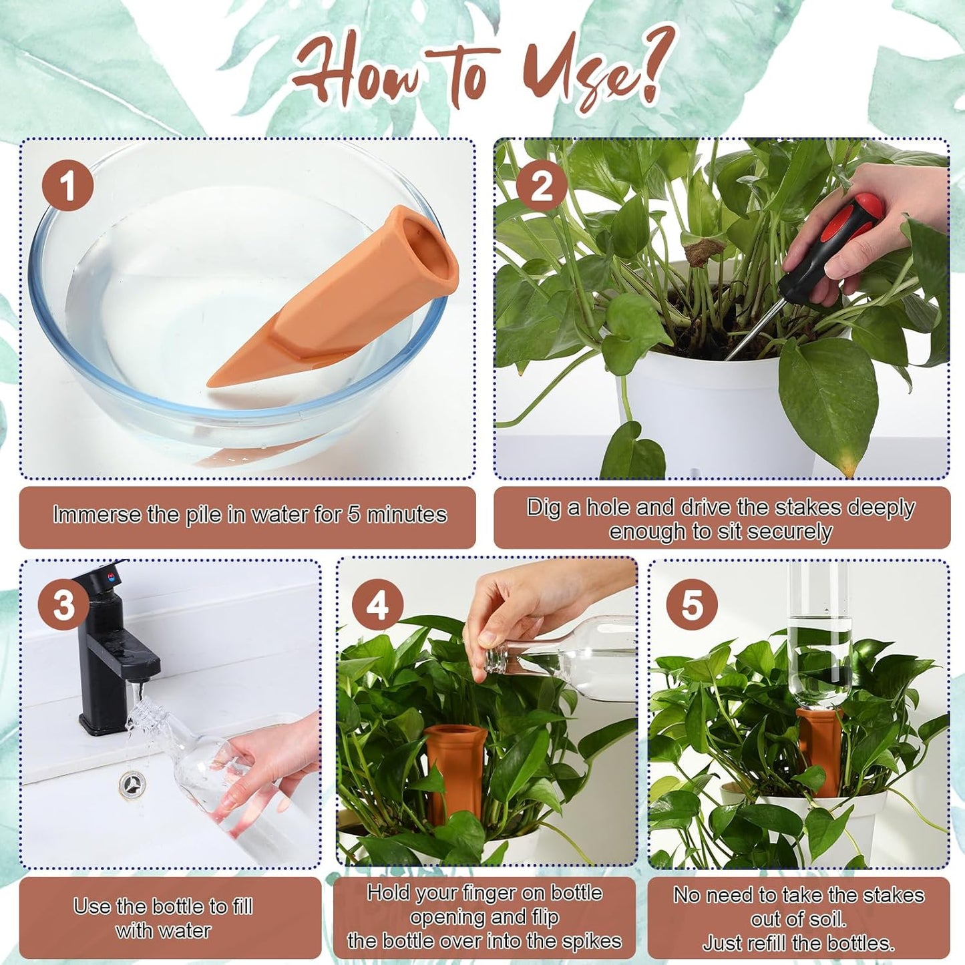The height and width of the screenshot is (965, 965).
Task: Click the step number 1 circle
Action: (68, 185)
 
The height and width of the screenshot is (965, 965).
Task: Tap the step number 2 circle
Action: (542, 185)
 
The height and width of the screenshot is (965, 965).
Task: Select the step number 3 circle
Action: (64, 605)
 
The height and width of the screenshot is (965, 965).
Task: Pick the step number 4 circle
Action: (378, 605)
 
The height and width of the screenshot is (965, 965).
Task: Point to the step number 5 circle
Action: (692, 605)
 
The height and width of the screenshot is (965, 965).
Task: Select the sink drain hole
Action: (132, 783)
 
